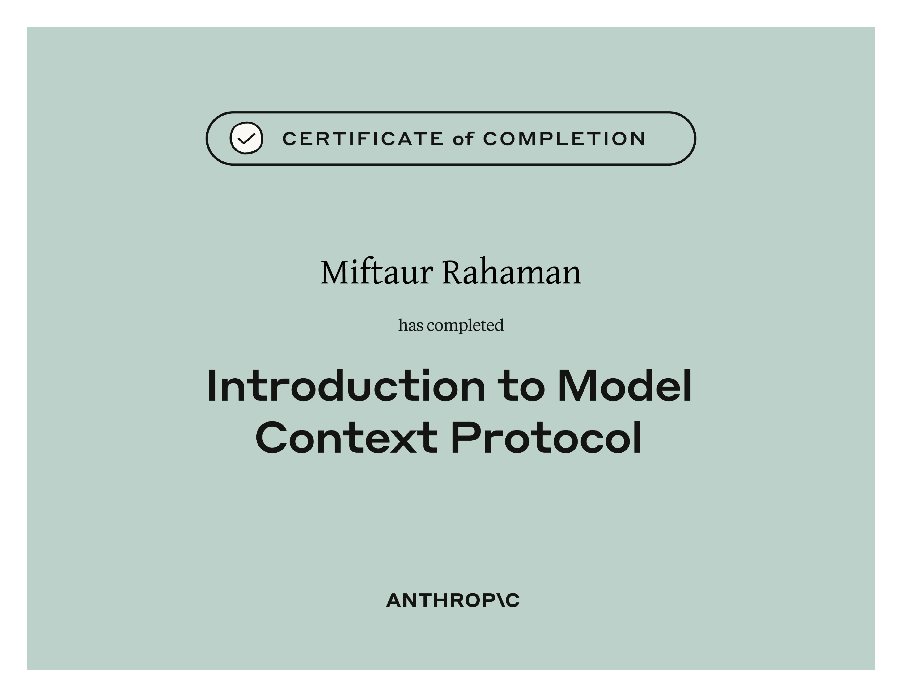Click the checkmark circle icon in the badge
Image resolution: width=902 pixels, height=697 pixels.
pos(246,138)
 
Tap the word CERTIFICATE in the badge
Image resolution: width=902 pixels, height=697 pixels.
pos(363,139)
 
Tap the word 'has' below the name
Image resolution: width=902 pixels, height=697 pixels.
pos(411,325)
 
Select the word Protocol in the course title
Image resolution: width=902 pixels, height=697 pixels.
pos(546,437)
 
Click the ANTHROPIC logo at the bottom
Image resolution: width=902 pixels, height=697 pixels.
pos(453,601)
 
